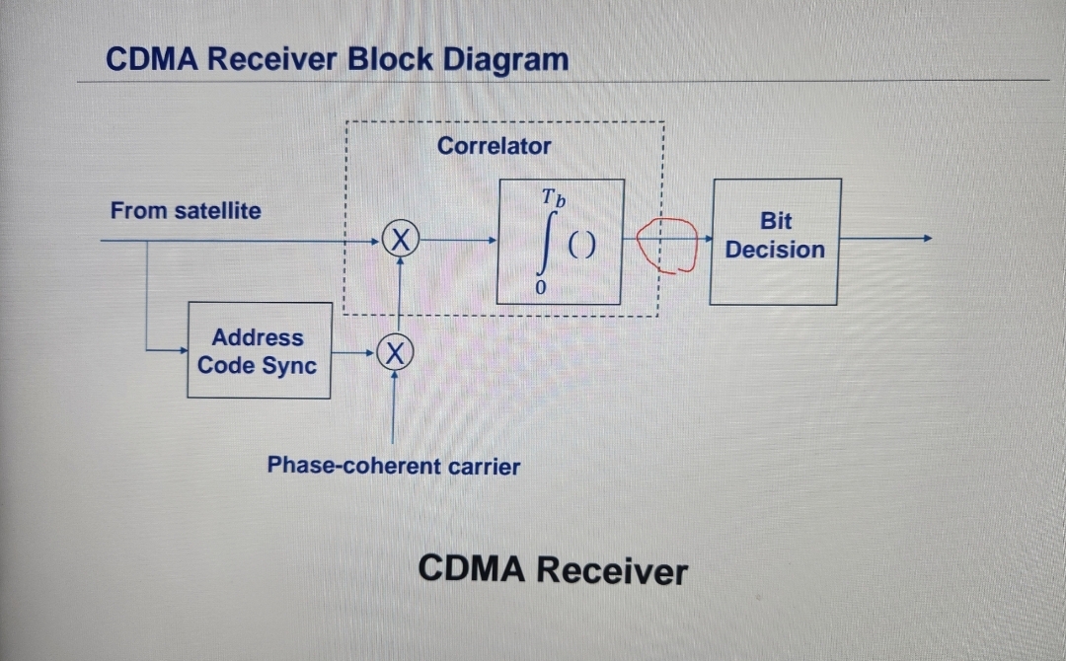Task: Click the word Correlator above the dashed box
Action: tap(494, 146)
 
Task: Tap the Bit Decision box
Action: tap(775, 242)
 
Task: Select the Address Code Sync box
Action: tap(259, 350)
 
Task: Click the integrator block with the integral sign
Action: tap(561, 242)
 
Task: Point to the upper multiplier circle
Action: tap(400, 240)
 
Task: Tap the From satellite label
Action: tap(186, 210)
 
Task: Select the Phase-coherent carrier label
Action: tap(393, 466)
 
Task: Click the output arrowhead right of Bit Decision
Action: tap(925, 239)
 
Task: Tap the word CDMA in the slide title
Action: tap(149, 59)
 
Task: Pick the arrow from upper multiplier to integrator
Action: tap(459, 240)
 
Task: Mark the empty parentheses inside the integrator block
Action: tap(582, 247)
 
